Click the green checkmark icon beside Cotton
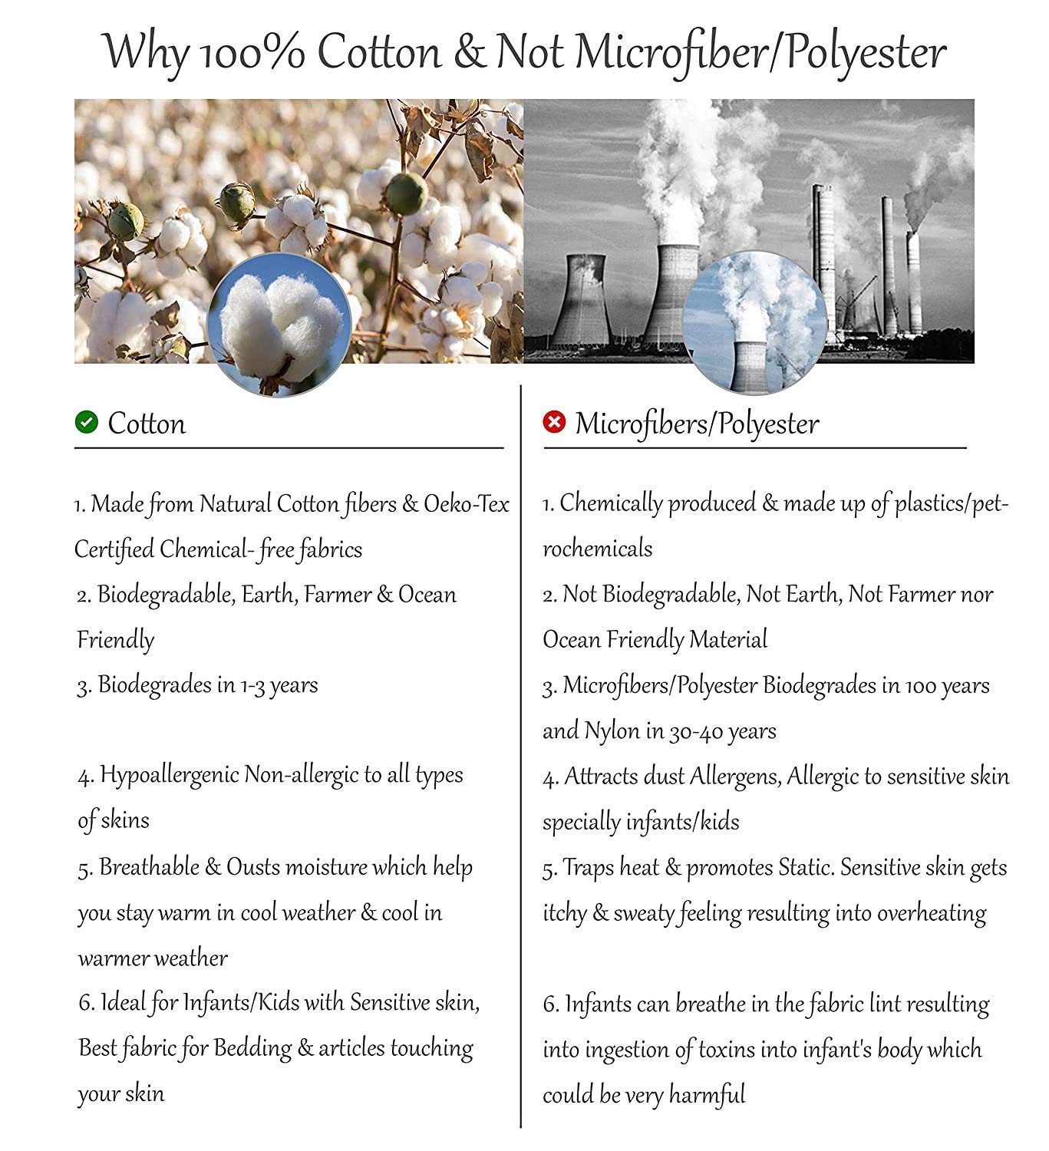point(87,422)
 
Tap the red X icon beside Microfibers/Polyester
point(553,421)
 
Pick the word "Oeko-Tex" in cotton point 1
point(467,504)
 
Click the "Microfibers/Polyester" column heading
point(696,424)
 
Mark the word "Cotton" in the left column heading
point(147,424)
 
